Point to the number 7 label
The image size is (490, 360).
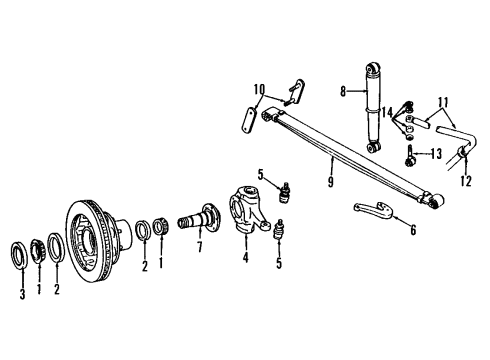point(200,246)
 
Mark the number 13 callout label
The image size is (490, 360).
point(435,155)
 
